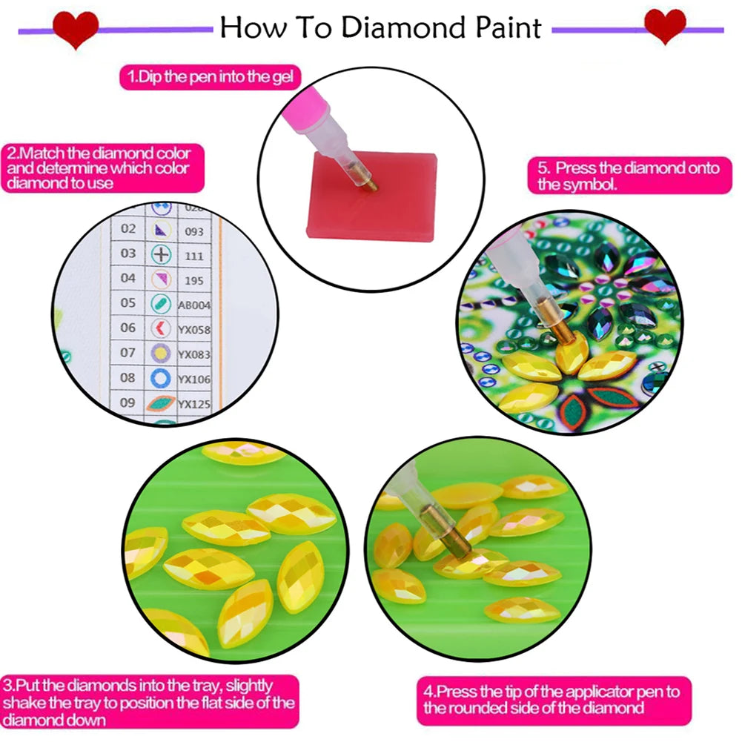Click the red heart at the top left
76,28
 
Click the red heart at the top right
665,27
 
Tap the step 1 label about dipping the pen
211,76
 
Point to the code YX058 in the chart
195,329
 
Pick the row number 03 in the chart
128,254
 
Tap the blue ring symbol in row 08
161,379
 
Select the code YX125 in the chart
195,404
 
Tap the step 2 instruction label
98,168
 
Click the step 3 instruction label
149,703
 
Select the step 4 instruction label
553,700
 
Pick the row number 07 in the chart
128,354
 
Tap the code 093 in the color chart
194,231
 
